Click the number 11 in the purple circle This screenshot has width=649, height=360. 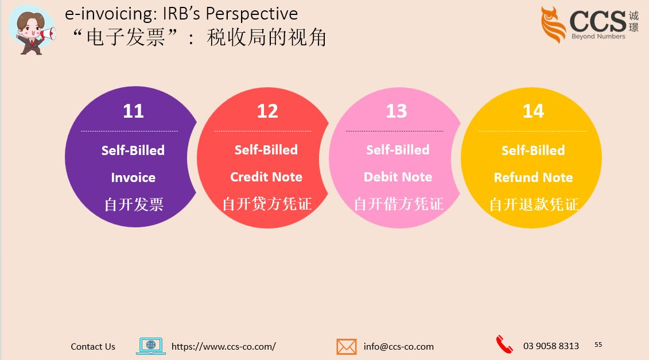[x=133, y=111]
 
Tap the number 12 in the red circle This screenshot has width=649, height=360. [x=267, y=111]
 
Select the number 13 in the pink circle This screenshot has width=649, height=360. [x=397, y=111]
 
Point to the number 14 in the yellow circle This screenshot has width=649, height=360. [x=533, y=111]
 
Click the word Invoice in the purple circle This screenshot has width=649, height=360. [x=133, y=177]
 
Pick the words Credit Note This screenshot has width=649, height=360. [x=266, y=177]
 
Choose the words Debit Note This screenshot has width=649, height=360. [x=398, y=177]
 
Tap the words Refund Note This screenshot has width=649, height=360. [x=533, y=177]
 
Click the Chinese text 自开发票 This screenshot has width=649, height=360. [x=134, y=204]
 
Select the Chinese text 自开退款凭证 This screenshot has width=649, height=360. [x=534, y=204]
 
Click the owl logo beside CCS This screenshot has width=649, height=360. [x=553, y=25]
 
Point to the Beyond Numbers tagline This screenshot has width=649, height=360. [x=598, y=36]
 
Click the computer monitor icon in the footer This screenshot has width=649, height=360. [x=151, y=346]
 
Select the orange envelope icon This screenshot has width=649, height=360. [x=347, y=346]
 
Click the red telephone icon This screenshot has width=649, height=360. [x=504, y=344]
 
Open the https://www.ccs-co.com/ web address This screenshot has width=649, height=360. [x=224, y=346]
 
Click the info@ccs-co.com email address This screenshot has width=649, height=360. [x=399, y=346]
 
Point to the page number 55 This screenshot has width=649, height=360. [x=599, y=344]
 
